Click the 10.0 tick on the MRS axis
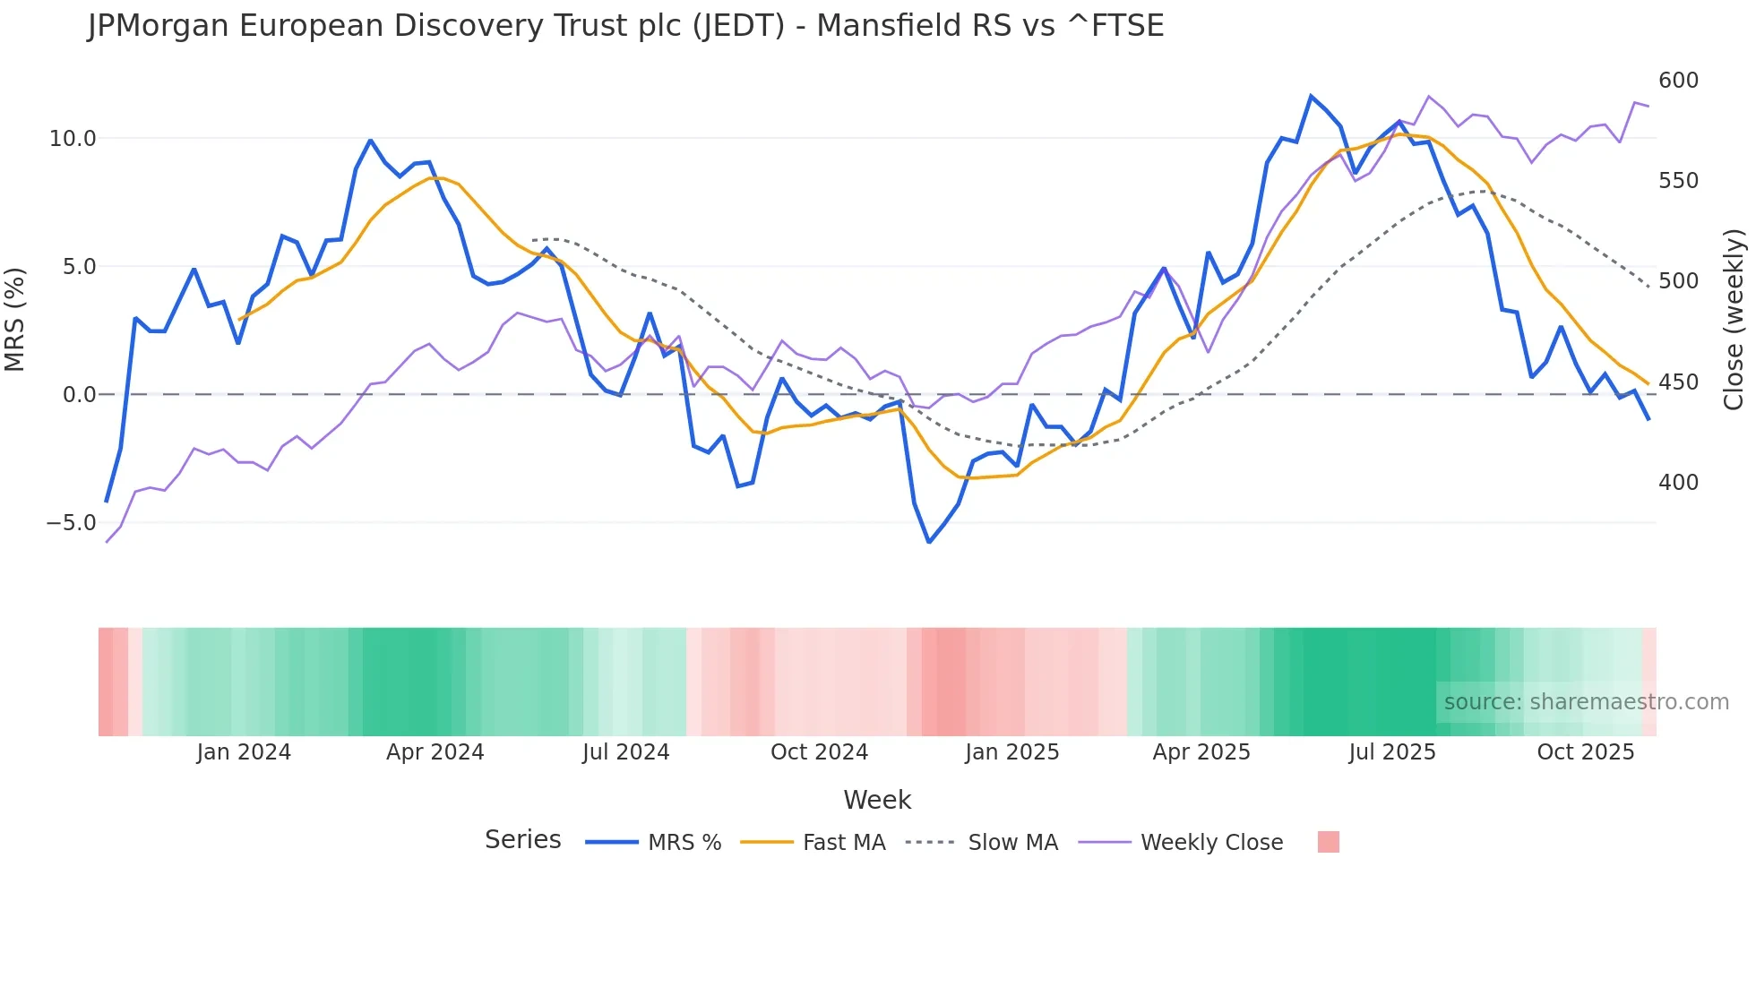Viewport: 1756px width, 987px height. pos(72,139)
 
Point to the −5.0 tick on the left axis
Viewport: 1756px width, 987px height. pos(71,523)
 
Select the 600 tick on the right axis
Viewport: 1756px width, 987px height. pos(1678,81)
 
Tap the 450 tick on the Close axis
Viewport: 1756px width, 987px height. pos(1678,382)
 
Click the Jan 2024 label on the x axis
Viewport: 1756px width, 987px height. pos(244,752)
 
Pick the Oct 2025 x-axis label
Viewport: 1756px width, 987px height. pos(1585,752)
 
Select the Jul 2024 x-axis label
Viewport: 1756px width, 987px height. pos(625,752)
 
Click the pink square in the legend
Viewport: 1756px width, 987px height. pos(1328,842)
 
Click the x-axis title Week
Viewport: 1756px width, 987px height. pos(877,800)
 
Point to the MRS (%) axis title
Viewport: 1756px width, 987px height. pos(15,319)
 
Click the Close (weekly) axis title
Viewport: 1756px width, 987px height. pos(1734,320)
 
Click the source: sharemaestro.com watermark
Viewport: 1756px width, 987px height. pos(1586,702)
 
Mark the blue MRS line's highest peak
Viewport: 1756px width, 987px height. pos(1311,96)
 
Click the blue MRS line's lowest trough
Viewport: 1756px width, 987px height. pos(929,542)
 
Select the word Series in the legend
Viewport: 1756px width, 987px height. pos(522,840)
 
